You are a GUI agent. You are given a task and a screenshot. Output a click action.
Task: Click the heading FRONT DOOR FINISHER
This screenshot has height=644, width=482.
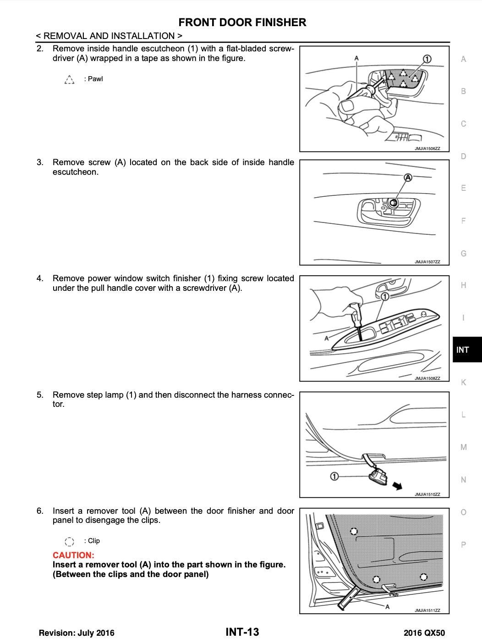click(242, 22)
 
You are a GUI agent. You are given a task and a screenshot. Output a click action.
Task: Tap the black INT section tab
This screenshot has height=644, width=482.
click(463, 350)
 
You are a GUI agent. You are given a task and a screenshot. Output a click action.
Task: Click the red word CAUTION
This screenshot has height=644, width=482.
click(73, 555)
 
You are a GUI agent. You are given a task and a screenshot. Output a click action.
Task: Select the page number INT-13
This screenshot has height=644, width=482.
click(242, 632)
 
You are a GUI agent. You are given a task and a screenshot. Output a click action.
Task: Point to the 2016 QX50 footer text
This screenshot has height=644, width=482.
click(424, 633)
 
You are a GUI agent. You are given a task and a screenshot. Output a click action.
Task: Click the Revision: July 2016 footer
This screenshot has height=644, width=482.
click(77, 633)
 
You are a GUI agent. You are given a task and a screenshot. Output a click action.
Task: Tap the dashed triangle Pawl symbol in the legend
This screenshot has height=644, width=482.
click(69, 79)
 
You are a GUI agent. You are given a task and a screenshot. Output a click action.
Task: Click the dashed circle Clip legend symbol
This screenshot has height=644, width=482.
click(69, 541)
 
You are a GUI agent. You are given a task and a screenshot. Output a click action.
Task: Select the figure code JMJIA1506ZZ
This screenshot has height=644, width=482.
click(427, 149)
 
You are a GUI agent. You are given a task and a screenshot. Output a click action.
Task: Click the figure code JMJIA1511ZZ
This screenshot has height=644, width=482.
click(427, 611)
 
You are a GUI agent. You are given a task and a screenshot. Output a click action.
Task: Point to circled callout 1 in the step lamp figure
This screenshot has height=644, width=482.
click(334, 477)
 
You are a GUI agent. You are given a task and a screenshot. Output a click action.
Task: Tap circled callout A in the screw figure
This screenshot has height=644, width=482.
click(408, 178)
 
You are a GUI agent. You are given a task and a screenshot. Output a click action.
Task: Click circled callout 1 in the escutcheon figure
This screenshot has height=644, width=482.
click(427, 59)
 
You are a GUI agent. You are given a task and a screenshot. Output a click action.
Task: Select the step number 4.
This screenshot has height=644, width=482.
click(40, 278)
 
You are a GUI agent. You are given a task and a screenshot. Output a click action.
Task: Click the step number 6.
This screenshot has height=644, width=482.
click(40, 511)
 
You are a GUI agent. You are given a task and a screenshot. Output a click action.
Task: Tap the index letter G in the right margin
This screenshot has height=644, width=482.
click(463, 253)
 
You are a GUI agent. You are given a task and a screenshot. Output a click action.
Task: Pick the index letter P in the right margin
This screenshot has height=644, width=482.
click(463, 544)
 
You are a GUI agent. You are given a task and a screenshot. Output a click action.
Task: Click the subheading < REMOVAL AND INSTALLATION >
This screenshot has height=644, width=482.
click(109, 36)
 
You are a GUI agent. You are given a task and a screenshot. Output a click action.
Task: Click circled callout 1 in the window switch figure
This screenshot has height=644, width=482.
click(385, 297)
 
